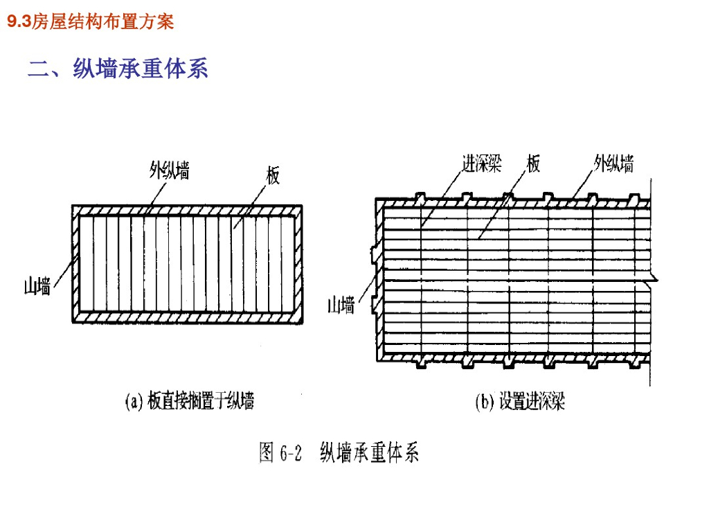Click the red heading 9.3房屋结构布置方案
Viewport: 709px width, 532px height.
pos(90,22)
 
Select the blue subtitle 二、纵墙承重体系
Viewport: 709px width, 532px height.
pos(118,69)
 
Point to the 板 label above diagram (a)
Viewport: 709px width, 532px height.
pos(273,176)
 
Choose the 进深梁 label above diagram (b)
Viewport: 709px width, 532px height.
pos(481,163)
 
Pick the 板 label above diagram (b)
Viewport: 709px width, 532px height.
pos(533,163)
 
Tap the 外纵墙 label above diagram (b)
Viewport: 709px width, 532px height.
pos(613,163)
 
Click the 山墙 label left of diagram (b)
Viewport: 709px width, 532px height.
pos(341,305)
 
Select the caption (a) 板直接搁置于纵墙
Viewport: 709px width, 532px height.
pos(189,401)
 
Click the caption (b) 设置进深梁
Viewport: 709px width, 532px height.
pos(519,402)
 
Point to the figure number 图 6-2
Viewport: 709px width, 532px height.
pos(281,453)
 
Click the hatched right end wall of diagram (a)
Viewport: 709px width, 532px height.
pos(298,263)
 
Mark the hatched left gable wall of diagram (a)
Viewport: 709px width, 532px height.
pos(75,263)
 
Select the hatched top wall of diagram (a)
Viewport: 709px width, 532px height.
pos(187,210)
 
